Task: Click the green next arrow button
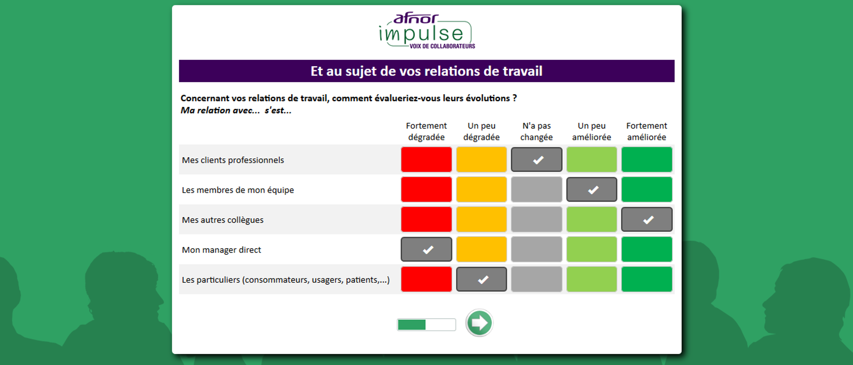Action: point(479,323)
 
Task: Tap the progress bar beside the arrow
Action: point(426,325)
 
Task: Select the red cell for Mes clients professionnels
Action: point(426,159)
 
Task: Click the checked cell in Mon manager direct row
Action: point(426,250)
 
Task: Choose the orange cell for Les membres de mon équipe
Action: point(482,190)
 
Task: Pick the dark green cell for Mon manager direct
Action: point(647,250)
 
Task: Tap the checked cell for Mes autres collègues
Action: point(647,219)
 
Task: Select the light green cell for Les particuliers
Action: point(592,279)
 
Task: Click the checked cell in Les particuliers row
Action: point(482,279)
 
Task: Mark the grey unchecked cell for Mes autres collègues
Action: point(537,219)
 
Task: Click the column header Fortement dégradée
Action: point(426,131)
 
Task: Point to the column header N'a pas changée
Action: point(537,131)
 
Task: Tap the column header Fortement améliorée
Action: point(647,131)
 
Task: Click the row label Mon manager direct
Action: point(221,250)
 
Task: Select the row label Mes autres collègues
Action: point(223,220)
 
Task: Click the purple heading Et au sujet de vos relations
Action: point(426,71)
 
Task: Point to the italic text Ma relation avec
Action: point(220,111)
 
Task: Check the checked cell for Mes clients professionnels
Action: point(537,159)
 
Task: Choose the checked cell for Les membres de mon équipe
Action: point(592,190)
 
